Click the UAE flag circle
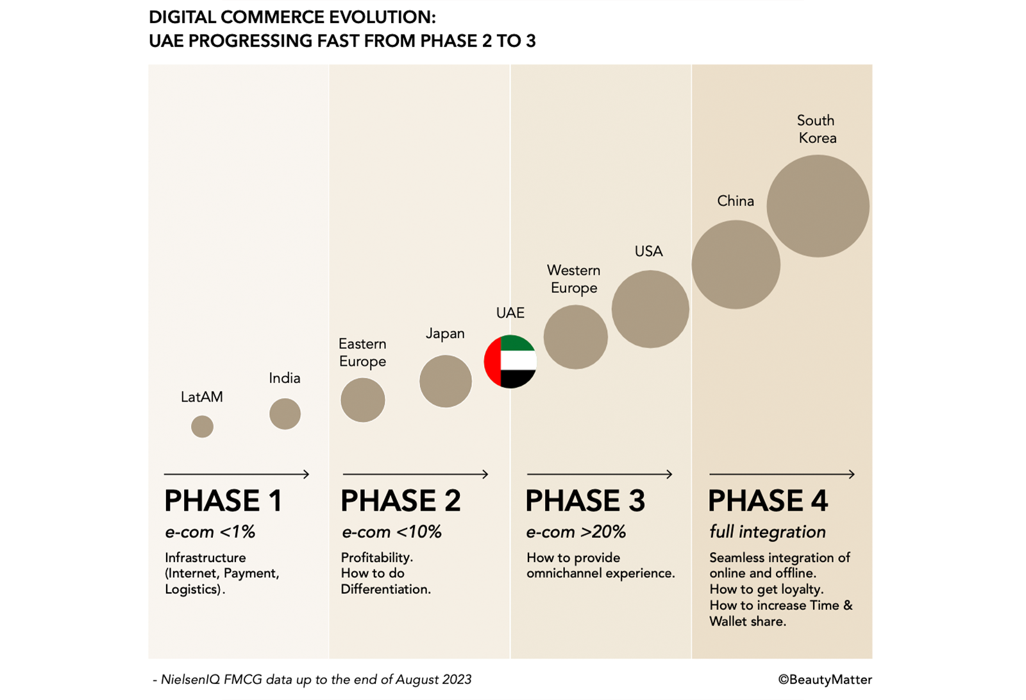pos(510,361)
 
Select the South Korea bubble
pos(818,206)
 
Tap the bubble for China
pos(736,264)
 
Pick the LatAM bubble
pos(202,426)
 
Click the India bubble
pos(285,414)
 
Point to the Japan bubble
pos(446,381)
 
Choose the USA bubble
pos(650,309)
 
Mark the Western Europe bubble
pos(575,337)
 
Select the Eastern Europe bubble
pos(363,400)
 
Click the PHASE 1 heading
pos(223,501)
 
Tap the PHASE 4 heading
pos(768,501)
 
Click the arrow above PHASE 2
pos(416,474)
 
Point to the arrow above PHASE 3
pos(600,474)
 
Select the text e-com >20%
pos(576,532)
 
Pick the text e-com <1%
pos(210,532)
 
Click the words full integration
pos(767,532)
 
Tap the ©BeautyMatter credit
pos(825,679)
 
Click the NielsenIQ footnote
pos(312,679)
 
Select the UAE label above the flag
pos(510,313)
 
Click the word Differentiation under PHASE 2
pos(385,589)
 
